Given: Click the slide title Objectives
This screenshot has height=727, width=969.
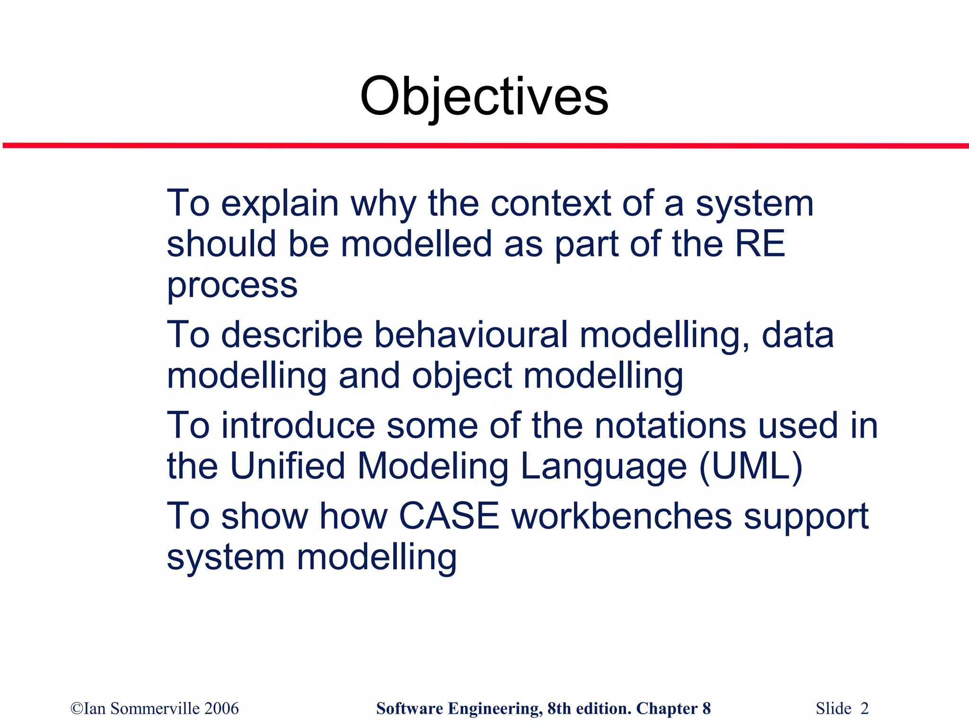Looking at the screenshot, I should pos(484,97).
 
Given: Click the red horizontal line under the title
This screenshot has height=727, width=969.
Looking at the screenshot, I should pos(484,146).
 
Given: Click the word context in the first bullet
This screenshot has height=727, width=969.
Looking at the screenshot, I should pos(551,204).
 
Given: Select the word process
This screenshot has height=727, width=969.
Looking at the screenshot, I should pos(232,286).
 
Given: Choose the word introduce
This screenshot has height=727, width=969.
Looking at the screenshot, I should pos(298,425).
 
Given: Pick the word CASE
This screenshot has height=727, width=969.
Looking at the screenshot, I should pos(449,516).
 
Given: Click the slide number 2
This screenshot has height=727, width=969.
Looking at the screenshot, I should pos(864,709).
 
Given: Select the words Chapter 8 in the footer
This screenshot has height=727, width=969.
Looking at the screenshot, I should pos(673,709).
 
